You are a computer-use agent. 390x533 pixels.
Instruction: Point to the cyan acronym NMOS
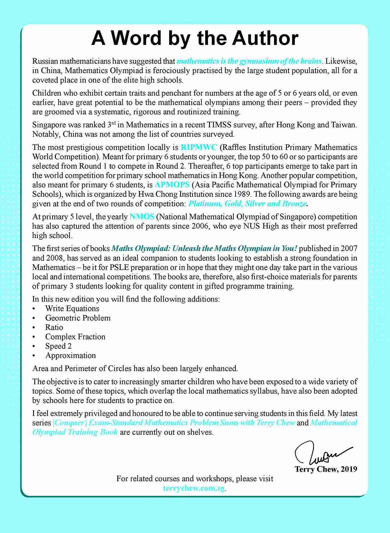pyautogui.click(x=142, y=217)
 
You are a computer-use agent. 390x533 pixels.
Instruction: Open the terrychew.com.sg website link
pyautogui.click(x=194, y=488)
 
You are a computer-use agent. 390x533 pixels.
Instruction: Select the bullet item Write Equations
pyautogui.click(x=72, y=308)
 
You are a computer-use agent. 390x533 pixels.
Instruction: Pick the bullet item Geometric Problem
pyautogui.click(x=78, y=318)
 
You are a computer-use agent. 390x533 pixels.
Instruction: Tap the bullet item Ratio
pyautogui.click(x=54, y=327)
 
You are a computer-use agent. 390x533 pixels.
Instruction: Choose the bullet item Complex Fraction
pyautogui.click(x=75, y=337)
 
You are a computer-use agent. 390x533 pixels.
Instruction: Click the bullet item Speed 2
pyautogui.click(x=58, y=346)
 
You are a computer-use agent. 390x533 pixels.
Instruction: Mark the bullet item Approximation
pyautogui.click(x=70, y=356)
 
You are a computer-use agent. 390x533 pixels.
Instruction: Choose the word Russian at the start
pyautogui.click(x=45, y=61)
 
